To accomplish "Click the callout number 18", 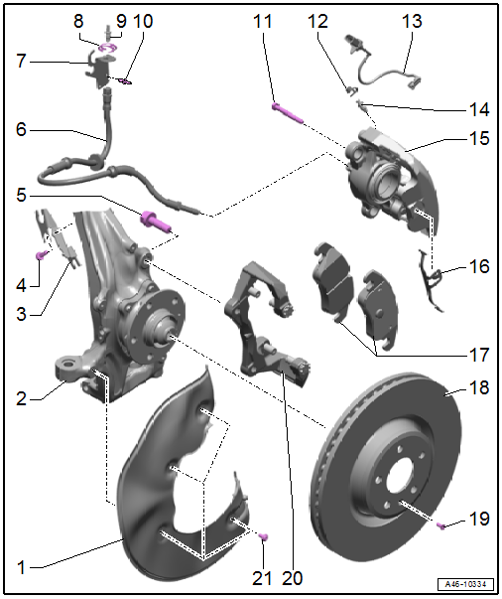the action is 479,387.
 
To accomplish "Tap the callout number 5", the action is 22,196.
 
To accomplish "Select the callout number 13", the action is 412,21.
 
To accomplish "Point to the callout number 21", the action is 262,578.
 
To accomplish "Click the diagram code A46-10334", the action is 465,584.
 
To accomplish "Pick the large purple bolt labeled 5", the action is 156,223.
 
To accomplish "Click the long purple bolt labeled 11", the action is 288,113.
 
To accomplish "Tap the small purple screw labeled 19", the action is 441,526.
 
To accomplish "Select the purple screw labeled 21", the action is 264,537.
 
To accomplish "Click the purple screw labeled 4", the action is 42,255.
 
